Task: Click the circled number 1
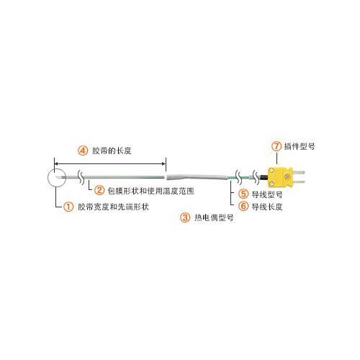(68, 207)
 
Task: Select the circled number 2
(99, 191)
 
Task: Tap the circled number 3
(185, 217)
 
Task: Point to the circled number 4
(83, 150)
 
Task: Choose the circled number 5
(243, 194)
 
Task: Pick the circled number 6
(243, 206)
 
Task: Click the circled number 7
(276, 146)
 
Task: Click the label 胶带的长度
(112, 150)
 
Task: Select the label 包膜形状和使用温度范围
(150, 191)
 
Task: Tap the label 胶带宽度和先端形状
(113, 207)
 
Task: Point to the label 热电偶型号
(214, 217)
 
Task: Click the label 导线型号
(267, 194)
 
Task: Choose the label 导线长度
(267, 207)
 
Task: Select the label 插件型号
(300, 146)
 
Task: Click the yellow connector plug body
(280, 177)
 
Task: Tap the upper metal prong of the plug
(299, 172)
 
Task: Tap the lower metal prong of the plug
(299, 182)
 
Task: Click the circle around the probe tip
(48, 178)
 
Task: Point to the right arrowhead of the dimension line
(164, 163)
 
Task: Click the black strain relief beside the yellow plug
(264, 177)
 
